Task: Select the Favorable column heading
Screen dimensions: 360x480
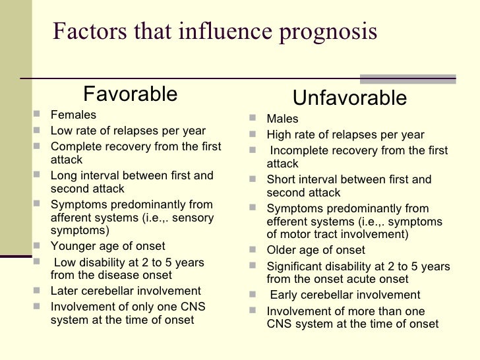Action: [130, 94]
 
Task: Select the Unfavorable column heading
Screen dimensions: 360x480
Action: [349, 99]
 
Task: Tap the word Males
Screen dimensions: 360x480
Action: [282, 119]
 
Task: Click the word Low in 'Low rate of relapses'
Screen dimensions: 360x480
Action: [61, 130]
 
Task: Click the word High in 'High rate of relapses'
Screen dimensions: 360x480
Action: [280, 135]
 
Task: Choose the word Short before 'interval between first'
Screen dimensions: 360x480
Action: [281, 179]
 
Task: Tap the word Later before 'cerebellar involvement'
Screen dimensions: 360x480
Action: [64, 291]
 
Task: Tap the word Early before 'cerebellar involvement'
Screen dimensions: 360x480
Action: [284, 295]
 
